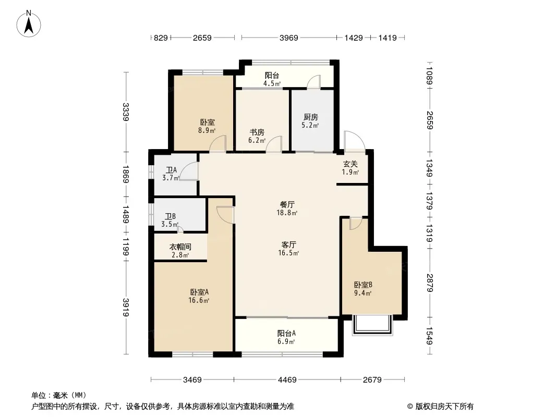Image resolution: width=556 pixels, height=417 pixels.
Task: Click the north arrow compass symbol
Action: tap(29, 24)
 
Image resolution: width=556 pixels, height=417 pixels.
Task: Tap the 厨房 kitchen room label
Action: tap(311, 117)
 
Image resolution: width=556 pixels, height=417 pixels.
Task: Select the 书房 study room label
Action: tap(257, 132)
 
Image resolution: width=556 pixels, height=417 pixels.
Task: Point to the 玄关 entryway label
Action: tap(350, 164)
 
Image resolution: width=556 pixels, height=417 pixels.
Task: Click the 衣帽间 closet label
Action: tap(180, 247)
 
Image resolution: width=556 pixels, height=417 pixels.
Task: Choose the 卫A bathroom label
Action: tap(171, 170)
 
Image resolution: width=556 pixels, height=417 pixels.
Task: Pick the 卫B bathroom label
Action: tap(170, 216)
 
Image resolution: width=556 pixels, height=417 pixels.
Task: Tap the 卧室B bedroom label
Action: tap(363, 285)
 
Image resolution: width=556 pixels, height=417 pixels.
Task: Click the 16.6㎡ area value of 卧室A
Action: tap(199, 300)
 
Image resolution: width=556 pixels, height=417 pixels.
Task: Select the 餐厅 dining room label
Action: tap(287, 204)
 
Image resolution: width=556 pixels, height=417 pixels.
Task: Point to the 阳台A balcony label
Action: tap(286, 334)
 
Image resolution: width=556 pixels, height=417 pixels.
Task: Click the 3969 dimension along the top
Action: tap(288, 38)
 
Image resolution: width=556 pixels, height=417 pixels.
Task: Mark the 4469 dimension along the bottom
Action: tap(287, 380)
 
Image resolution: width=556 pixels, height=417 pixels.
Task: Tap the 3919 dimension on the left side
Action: tap(126, 307)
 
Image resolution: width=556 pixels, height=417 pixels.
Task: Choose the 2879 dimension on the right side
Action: tap(430, 283)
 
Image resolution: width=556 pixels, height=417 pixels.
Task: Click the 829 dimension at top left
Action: tap(161, 38)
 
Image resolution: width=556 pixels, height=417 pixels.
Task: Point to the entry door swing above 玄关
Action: tap(354, 141)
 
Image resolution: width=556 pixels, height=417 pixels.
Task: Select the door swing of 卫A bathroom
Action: tap(189, 171)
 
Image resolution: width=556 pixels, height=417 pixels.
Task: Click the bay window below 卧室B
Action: tap(373, 325)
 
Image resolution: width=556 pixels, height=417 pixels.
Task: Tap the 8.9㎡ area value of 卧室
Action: tap(207, 130)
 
